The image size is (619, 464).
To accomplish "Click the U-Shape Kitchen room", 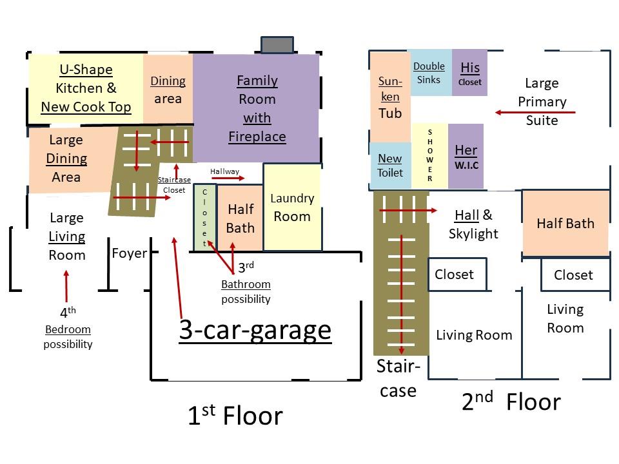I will tap(86, 88).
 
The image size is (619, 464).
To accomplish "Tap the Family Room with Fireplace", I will tap(257, 108).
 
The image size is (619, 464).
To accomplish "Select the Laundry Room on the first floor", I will tap(292, 207).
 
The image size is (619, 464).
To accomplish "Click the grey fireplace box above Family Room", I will tap(277, 45).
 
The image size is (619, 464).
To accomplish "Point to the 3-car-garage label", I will tap(255, 329).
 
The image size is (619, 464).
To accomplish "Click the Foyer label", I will tap(129, 253).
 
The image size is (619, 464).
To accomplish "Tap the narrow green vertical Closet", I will tap(205, 218).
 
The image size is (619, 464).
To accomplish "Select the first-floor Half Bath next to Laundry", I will tap(241, 218).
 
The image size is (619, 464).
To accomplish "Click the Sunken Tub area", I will tap(390, 97).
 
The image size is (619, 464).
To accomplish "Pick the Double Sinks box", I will tap(429, 73).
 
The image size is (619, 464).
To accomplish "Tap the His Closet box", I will tap(470, 73).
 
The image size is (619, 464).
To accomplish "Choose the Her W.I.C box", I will tap(466, 157).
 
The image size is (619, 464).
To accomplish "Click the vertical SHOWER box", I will tap(430, 155).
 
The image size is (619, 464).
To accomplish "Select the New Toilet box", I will tap(389, 165).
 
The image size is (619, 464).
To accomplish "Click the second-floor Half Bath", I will tap(565, 223).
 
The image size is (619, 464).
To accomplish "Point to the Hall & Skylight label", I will tap(473, 224).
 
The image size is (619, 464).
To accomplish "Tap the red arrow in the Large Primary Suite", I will tap(535, 113).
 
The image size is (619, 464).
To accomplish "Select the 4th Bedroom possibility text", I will tap(68, 328).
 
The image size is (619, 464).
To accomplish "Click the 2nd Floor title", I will tap(511, 401).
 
